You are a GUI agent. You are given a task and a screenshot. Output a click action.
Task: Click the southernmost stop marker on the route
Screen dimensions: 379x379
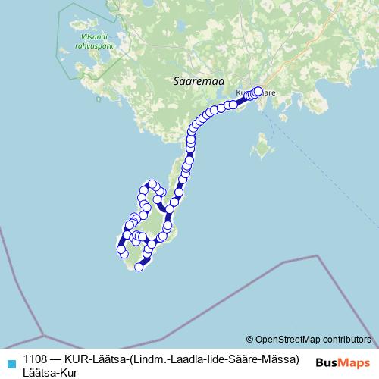tap(139, 267)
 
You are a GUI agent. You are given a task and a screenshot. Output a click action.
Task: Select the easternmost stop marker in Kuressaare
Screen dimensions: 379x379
tap(258, 91)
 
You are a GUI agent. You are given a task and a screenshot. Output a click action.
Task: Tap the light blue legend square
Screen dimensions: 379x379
tap(11, 361)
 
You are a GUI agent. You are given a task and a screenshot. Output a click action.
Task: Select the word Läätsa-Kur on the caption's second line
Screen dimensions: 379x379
tap(50, 371)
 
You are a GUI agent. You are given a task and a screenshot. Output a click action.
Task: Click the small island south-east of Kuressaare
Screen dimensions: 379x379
tap(264, 144)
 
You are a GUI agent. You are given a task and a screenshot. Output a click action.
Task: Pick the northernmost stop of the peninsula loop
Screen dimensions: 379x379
tap(152, 183)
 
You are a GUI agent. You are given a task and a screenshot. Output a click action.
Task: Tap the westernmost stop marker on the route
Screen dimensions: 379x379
tap(120, 249)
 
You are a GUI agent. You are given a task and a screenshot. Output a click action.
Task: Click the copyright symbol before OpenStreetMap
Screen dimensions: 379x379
tap(249, 339)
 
